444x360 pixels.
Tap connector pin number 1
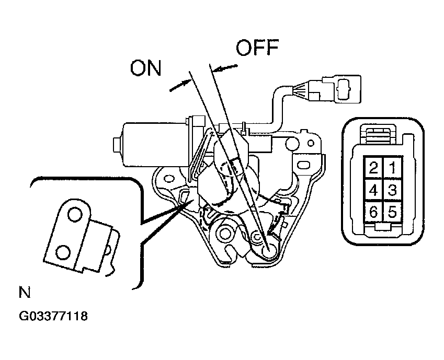click(x=392, y=168)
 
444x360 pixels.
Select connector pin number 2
click(x=374, y=168)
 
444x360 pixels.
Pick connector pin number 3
click(x=392, y=190)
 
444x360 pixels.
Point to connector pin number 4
click(x=374, y=190)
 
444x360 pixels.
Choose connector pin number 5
click(x=392, y=211)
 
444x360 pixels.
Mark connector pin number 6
click(x=374, y=211)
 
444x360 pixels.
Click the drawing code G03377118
click(x=53, y=316)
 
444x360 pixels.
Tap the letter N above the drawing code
click(x=25, y=292)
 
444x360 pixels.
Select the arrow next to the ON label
click(x=180, y=85)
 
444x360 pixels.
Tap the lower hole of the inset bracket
click(x=63, y=252)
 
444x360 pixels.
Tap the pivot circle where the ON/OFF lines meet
click(x=268, y=250)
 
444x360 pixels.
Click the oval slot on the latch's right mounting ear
click(x=303, y=165)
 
